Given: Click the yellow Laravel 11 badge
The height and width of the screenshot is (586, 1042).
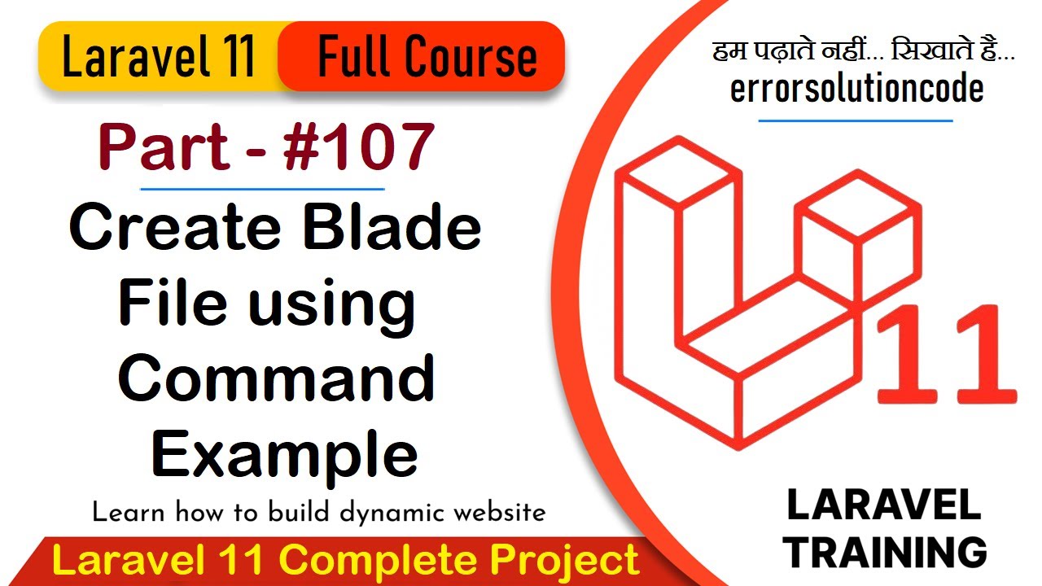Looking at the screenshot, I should coord(159,57).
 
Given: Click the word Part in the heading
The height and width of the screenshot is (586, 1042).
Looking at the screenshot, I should coord(163,147).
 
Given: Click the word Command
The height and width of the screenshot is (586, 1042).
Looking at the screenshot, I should coord(277,378).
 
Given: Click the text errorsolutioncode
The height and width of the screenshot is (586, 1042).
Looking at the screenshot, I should coord(856,89).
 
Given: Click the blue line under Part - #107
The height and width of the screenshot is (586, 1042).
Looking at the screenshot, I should coord(262,189).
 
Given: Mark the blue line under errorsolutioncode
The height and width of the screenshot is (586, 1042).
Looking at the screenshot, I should coord(855,120).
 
